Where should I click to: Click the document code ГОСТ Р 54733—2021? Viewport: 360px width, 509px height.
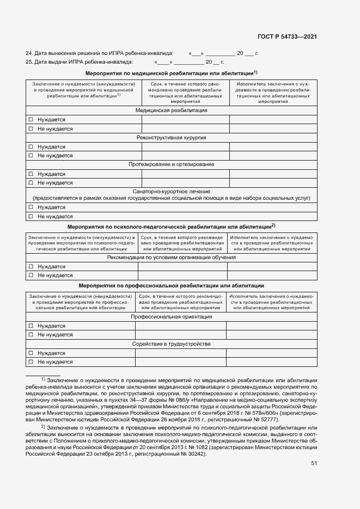(286, 37)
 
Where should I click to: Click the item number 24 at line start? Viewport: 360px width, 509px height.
(29, 53)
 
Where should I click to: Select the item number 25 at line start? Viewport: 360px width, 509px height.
(29, 62)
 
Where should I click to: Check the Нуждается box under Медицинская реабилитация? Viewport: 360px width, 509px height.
(31, 120)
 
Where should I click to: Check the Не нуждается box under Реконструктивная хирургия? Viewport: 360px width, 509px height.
(31, 156)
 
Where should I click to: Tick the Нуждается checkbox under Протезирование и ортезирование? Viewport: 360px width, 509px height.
(31, 174)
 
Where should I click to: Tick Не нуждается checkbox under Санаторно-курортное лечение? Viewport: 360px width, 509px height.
(31, 217)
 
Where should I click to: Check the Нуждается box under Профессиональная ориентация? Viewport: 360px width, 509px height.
(31, 326)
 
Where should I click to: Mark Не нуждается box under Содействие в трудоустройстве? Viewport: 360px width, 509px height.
(31, 362)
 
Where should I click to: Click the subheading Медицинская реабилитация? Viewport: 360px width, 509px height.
(171, 111)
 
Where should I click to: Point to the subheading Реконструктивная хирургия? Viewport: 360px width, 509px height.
(171, 138)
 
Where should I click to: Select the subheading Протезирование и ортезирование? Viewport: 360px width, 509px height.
(171, 164)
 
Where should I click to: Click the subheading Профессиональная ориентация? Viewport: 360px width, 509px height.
(171, 317)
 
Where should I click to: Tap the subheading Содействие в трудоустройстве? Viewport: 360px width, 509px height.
(171, 344)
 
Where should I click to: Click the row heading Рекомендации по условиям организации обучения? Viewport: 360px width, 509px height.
(171, 257)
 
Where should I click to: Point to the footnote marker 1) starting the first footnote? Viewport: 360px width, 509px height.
(43, 378)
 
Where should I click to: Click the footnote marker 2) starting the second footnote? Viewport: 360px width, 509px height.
(43, 427)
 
